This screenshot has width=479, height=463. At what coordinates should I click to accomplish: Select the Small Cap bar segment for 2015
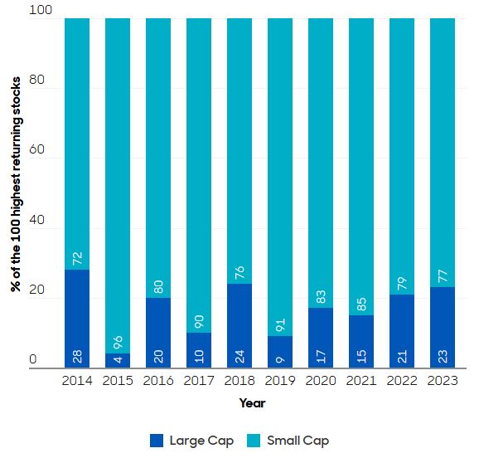[x=118, y=183]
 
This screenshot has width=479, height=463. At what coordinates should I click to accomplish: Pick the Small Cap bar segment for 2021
[x=361, y=166]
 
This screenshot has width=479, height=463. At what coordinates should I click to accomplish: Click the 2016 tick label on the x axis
[x=158, y=380]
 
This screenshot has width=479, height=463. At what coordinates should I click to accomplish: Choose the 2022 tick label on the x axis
[x=402, y=380]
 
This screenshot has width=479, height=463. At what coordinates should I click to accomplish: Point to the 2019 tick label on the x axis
[x=280, y=380]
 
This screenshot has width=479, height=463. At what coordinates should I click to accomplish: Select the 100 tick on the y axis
[x=39, y=11]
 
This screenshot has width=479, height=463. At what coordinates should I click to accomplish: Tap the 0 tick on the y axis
[x=33, y=360]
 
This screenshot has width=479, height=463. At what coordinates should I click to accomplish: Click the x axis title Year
[x=252, y=402]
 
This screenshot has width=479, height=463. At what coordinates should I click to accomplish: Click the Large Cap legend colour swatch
[x=158, y=441]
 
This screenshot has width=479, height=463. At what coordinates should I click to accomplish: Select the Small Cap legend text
[x=301, y=441]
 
